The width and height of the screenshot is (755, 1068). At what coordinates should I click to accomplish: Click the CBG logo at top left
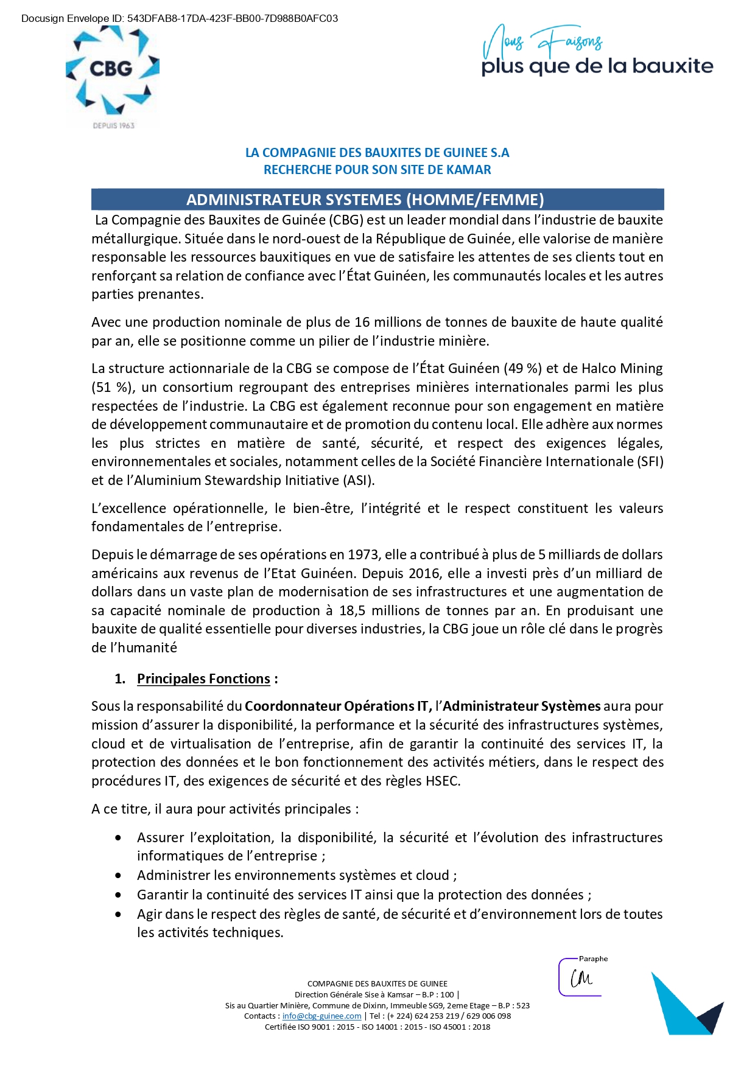coord(112,72)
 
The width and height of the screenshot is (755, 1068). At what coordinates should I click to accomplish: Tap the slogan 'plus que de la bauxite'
coord(597,66)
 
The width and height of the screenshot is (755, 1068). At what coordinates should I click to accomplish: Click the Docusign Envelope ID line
coord(180,18)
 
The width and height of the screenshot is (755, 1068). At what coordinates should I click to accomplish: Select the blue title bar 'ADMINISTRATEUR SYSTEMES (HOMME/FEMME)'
coord(377,200)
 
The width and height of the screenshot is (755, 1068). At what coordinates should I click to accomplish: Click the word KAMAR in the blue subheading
coord(469,170)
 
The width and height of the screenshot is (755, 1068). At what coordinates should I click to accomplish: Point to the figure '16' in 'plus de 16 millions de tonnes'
coord(362,322)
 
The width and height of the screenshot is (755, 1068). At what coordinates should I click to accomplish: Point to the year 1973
coord(363,554)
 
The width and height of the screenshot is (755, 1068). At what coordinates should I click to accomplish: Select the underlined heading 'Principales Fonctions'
coord(203,679)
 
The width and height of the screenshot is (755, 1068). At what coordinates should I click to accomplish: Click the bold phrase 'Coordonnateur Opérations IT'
coord(337,706)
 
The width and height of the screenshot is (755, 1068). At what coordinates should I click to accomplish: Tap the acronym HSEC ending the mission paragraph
coord(441,781)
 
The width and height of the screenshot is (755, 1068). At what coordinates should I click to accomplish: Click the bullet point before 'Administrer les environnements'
coord(118,876)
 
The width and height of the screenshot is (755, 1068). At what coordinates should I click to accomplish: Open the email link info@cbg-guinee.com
coord(321,1016)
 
